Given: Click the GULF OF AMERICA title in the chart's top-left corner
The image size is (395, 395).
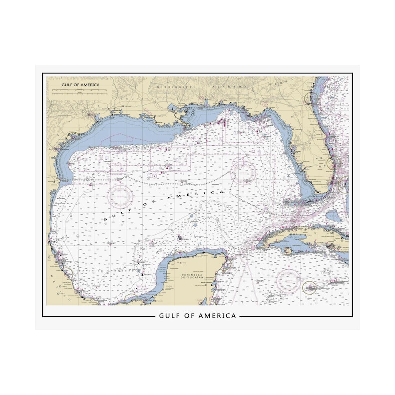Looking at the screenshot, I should [80, 85].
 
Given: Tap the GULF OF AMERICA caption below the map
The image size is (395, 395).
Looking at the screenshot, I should [197, 316].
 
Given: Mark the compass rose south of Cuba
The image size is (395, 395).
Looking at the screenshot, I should [288, 280].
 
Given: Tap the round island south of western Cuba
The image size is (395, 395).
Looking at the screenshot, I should [287, 251].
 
